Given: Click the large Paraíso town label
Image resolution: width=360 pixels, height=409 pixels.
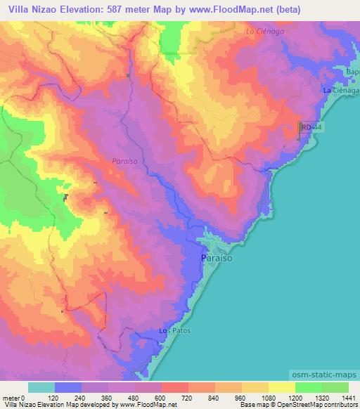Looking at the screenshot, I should point(212,258).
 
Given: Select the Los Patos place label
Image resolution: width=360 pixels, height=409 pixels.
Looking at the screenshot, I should point(174,330).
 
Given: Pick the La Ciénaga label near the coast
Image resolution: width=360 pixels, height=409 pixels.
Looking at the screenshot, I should point(340,91).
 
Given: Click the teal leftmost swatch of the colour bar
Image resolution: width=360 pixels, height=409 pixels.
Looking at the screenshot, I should point(41,387).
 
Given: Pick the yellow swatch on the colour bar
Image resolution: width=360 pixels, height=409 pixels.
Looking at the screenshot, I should point(282,387).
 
